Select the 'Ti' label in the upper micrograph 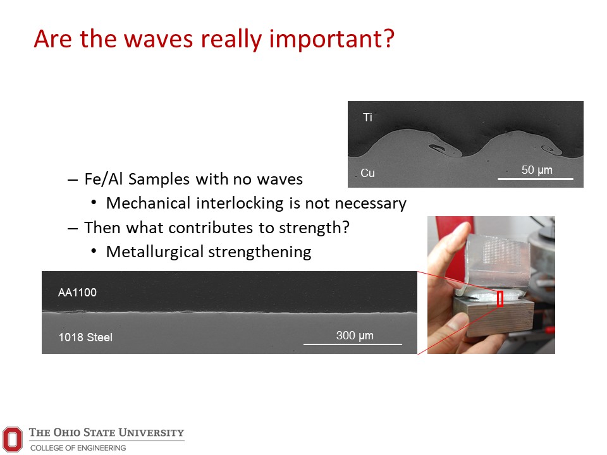[367, 118]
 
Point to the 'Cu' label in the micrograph [367, 173]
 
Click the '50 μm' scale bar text [537, 170]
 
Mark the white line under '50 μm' [536, 179]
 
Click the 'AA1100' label [77, 293]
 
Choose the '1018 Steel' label [85, 337]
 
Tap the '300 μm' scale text [355, 336]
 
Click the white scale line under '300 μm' [353, 344]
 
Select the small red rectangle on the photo [500, 299]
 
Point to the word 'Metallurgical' [155, 252]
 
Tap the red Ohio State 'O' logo [13, 439]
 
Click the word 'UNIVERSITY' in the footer [151, 432]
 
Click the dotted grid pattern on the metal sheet [502, 252]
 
